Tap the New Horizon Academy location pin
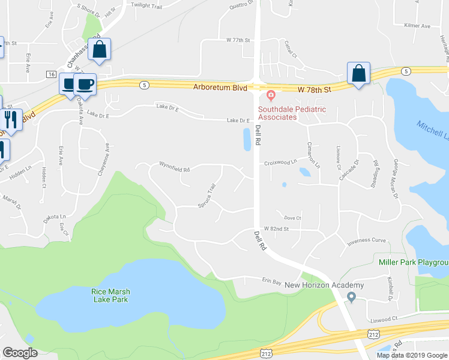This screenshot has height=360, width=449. click(x=352, y=296)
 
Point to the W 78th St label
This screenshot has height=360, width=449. click(x=315, y=89)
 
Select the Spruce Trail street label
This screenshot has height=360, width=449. click(x=206, y=196)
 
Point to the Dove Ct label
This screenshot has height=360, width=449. click(x=292, y=218)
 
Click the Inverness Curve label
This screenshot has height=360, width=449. click(x=366, y=241)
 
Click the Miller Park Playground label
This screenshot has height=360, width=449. click(x=414, y=262)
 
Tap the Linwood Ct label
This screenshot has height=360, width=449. click(x=384, y=319)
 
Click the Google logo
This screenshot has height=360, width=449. click(x=20, y=353)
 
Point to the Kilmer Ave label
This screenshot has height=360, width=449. click(x=418, y=26)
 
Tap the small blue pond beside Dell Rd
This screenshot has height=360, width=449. click(x=247, y=140)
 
